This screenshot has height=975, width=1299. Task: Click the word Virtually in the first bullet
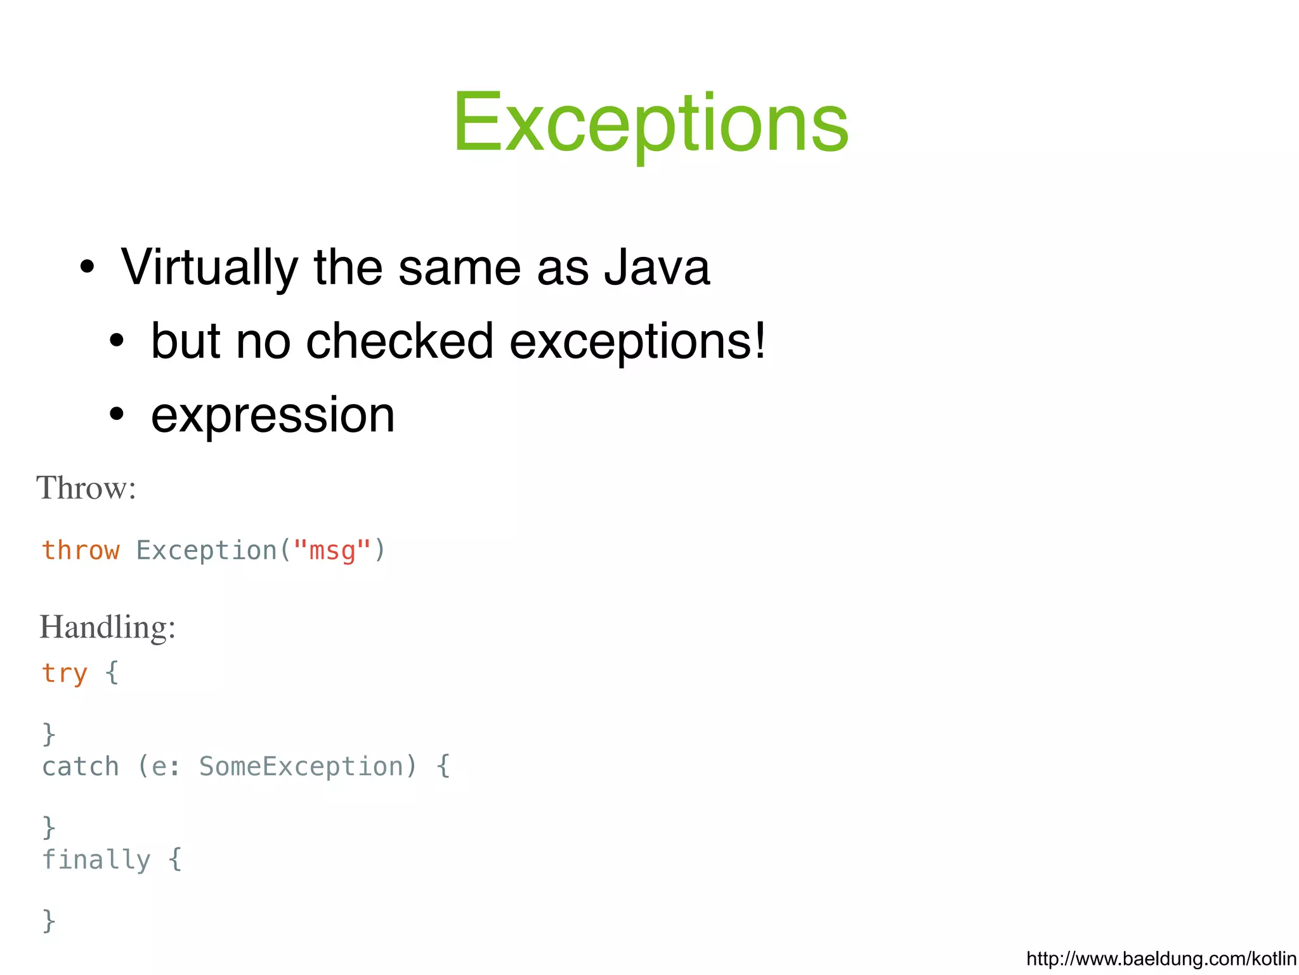pos(209,268)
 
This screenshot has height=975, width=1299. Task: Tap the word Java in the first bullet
pos(656,268)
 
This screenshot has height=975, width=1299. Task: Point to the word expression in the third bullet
pos(273,415)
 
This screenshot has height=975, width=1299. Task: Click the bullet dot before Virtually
pos(88,267)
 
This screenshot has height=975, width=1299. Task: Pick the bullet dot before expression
pos(117,414)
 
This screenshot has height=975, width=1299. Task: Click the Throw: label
pos(86,488)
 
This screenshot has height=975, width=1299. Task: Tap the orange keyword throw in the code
pos(81,550)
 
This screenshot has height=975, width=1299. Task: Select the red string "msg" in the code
pos(332,550)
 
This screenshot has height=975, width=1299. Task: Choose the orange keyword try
pos(65,673)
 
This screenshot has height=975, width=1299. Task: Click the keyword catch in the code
pos(81,766)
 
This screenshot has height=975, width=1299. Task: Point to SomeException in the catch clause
pos(301,766)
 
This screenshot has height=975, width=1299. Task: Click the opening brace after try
pos(112,672)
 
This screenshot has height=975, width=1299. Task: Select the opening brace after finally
pos(175,860)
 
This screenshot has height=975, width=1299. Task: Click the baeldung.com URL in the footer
pos(1161,958)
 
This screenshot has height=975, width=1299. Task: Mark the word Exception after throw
pos(207,550)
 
